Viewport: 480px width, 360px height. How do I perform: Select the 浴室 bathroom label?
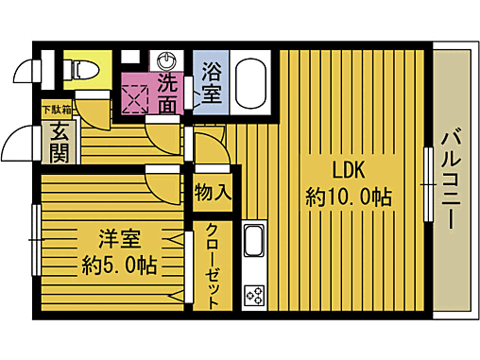pyautogui.click(x=211, y=82)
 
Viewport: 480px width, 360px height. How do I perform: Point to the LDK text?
pyautogui.click(x=348, y=170)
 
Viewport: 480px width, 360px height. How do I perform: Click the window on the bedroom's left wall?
pyautogui.click(x=36, y=241)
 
